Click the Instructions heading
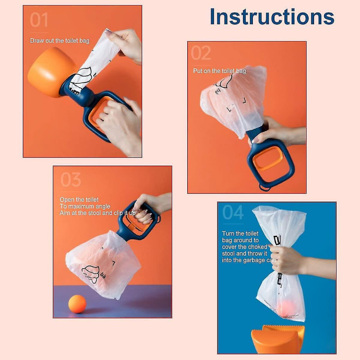point(272,17)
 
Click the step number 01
point(39,20)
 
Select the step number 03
point(71,180)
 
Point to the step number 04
point(233,212)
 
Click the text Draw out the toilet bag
point(60,40)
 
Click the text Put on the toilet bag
point(220,71)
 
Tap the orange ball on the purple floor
point(77,305)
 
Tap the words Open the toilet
point(79,199)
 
